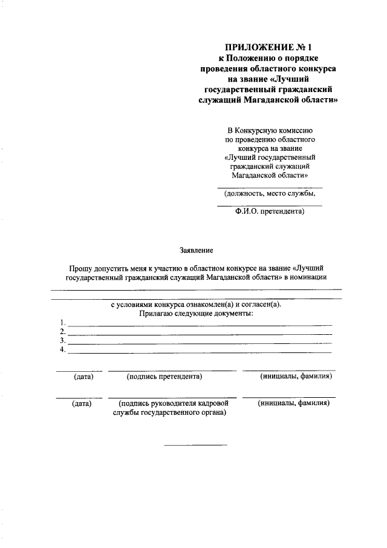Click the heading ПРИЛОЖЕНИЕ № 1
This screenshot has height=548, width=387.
pos(270,46)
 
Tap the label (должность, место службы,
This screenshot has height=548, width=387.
pos(270,194)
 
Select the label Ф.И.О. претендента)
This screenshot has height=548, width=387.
pos(270,212)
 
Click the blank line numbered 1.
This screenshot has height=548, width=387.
pos(200,325)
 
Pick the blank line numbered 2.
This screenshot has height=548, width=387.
pos(200,334)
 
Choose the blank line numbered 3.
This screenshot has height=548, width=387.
pos(200,343)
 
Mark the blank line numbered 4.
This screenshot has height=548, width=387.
pos(200,352)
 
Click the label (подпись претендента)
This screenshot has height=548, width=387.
pos(164,377)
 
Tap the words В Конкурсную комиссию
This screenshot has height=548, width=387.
pos(270,130)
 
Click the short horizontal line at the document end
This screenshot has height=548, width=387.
pos(196,446)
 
